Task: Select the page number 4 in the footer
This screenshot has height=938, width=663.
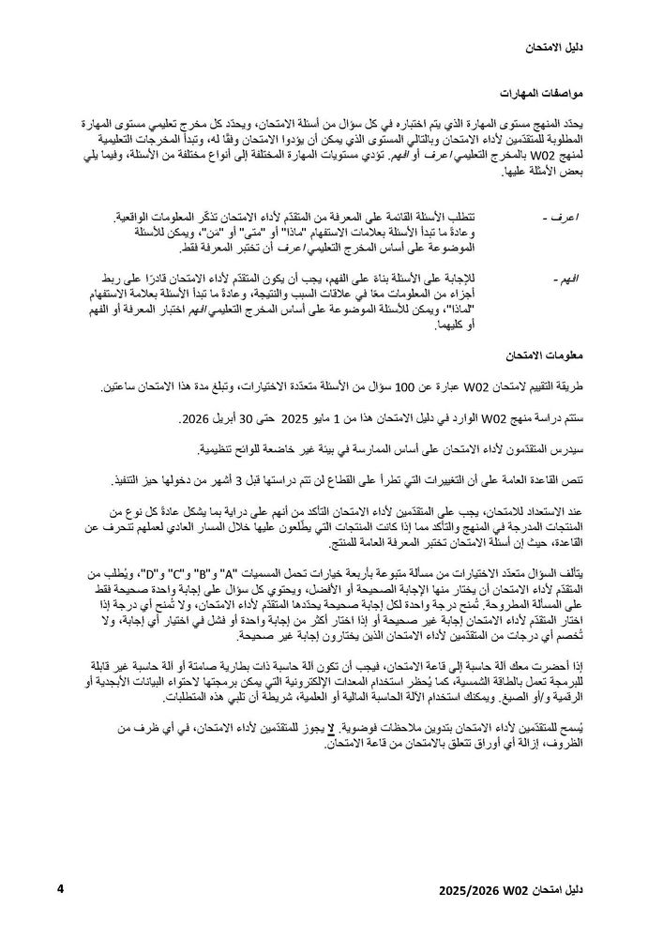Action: pyautogui.click(x=60, y=886)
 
